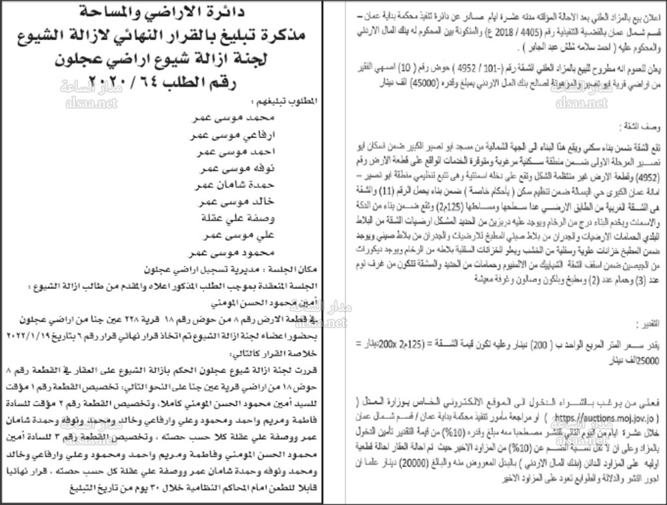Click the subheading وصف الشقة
(641, 125)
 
